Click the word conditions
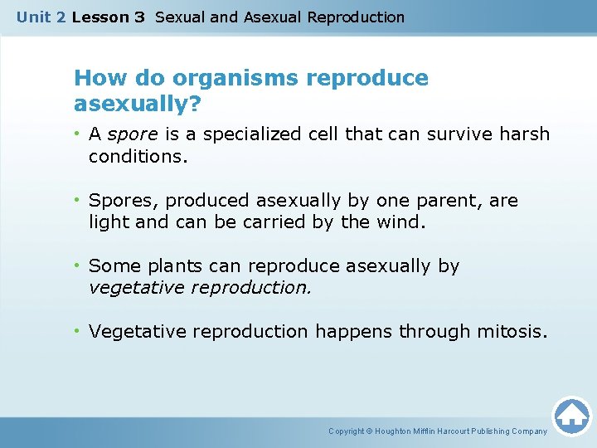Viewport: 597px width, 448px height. pyautogui.click(x=138, y=156)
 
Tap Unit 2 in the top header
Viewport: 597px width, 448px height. pyautogui.click(x=41, y=17)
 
